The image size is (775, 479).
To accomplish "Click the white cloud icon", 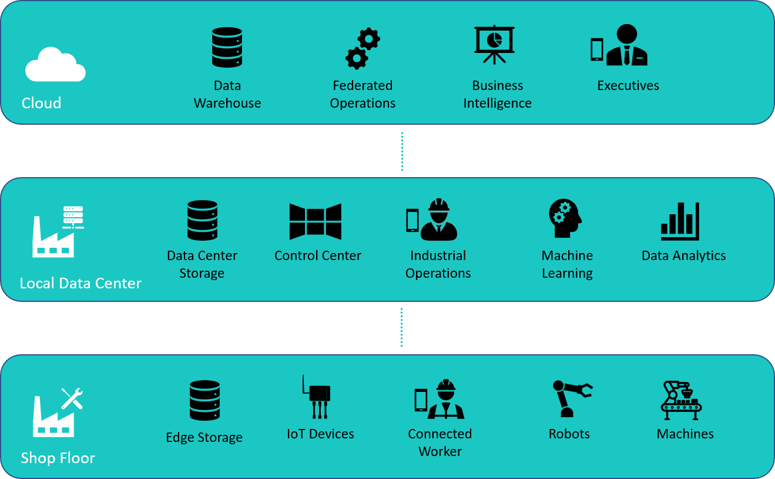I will [55, 65].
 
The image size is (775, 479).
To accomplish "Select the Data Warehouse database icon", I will [227, 47].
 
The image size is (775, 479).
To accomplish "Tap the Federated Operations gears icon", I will [363, 48].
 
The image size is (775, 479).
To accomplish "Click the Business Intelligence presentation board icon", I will [494, 44].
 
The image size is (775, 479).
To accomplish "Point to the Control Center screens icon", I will [316, 222].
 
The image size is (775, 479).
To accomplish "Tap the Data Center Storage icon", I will [202, 220].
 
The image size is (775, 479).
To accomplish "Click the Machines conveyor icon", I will [681, 400].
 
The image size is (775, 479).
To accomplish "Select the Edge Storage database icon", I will [204, 400].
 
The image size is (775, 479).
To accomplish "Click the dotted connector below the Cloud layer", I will [402, 151].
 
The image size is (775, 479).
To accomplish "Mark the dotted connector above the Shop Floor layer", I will [402, 327].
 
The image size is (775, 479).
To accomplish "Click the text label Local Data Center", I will [80, 283].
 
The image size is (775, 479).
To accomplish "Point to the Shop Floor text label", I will [58, 458].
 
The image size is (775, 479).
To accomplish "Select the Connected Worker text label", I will [439, 443].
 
